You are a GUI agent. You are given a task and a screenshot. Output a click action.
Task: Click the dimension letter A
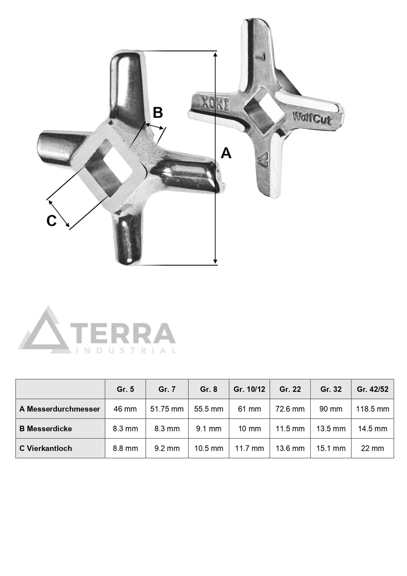[226, 153]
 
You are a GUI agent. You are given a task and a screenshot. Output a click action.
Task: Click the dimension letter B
[158, 113]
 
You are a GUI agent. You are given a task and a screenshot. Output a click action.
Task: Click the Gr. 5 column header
[125, 389]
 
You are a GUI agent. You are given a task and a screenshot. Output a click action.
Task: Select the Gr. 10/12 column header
[249, 389]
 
